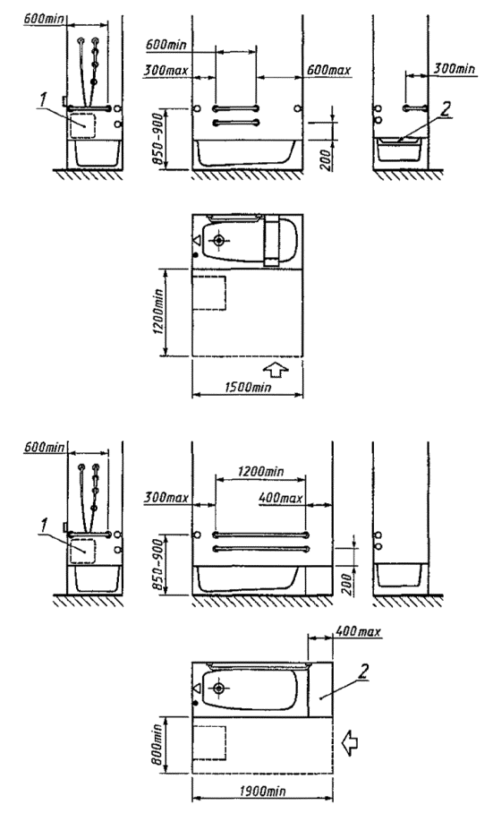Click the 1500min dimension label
pos(248,387)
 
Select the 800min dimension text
pos(158,745)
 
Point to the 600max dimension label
pos(328,70)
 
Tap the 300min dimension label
pos(455,68)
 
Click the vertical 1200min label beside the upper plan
pos(158,311)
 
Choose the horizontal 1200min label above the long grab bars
pos(260,471)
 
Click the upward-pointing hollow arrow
pos(276,369)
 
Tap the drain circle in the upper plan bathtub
pos(218,240)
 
